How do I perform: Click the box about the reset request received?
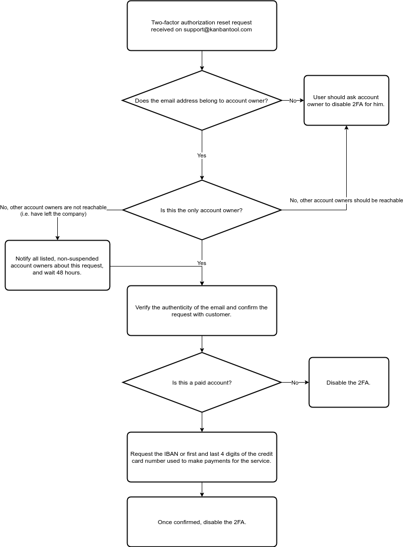pyautogui.click(x=202, y=26)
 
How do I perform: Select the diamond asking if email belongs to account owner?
pyautogui.click(x=202, y=101)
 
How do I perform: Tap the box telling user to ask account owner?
pyautogui.click(x=346, y=101)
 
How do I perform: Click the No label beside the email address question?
pyautogui.click(x=293, y=101)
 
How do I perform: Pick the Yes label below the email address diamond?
pyautogui.click(x=202, y=156)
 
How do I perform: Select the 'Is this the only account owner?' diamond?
pyautogui.click(x=202, y=210)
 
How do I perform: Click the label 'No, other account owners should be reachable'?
pyautogui.click(x=346, y=200)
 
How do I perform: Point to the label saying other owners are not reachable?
pyautogui.click(x=53, y=207)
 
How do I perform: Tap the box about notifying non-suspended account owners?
pyautogui.click(x=57, y=266)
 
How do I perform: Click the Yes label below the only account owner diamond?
pyautogui.click(x=202, y=263)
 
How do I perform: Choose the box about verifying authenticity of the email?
pyautogui.click(x=202, y=311)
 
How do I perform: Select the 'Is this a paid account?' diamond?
pyautogui.click(x=202, y=383)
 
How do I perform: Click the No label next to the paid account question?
pyautogui.click(x=295, y=383)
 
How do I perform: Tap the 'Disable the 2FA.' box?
pyautogui.click(x=349, y=383)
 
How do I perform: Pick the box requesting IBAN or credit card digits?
pyautogui.click(x=202, y=457)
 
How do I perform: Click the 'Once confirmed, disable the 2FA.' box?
pyautogui.click(x=202, y=522)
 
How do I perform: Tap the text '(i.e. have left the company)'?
pyautogui.click(x=53, y=214)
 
